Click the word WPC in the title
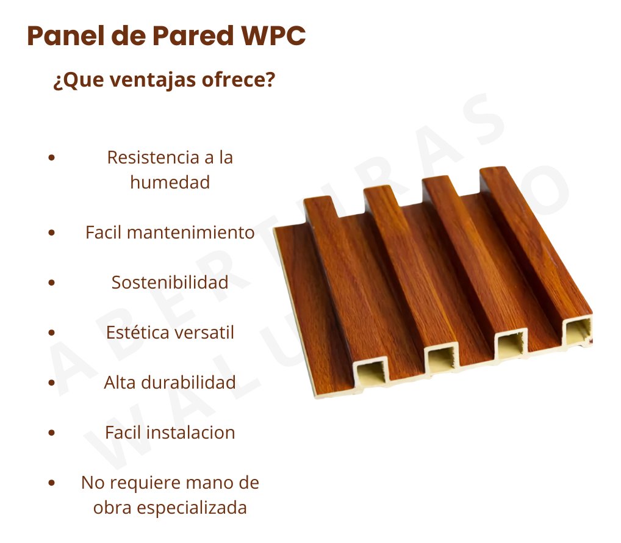(273, 35)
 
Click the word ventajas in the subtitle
(153, 81)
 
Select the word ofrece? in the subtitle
(239, 79)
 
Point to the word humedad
(170, 182)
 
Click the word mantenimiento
(191, 232)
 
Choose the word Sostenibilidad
(170, 282)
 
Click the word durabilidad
(188, 383)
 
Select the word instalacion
(191, 433)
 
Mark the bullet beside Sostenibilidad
(51, 282)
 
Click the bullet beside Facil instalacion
(51, 433)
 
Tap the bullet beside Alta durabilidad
(51, 383)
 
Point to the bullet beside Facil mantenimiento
(51, 232)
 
